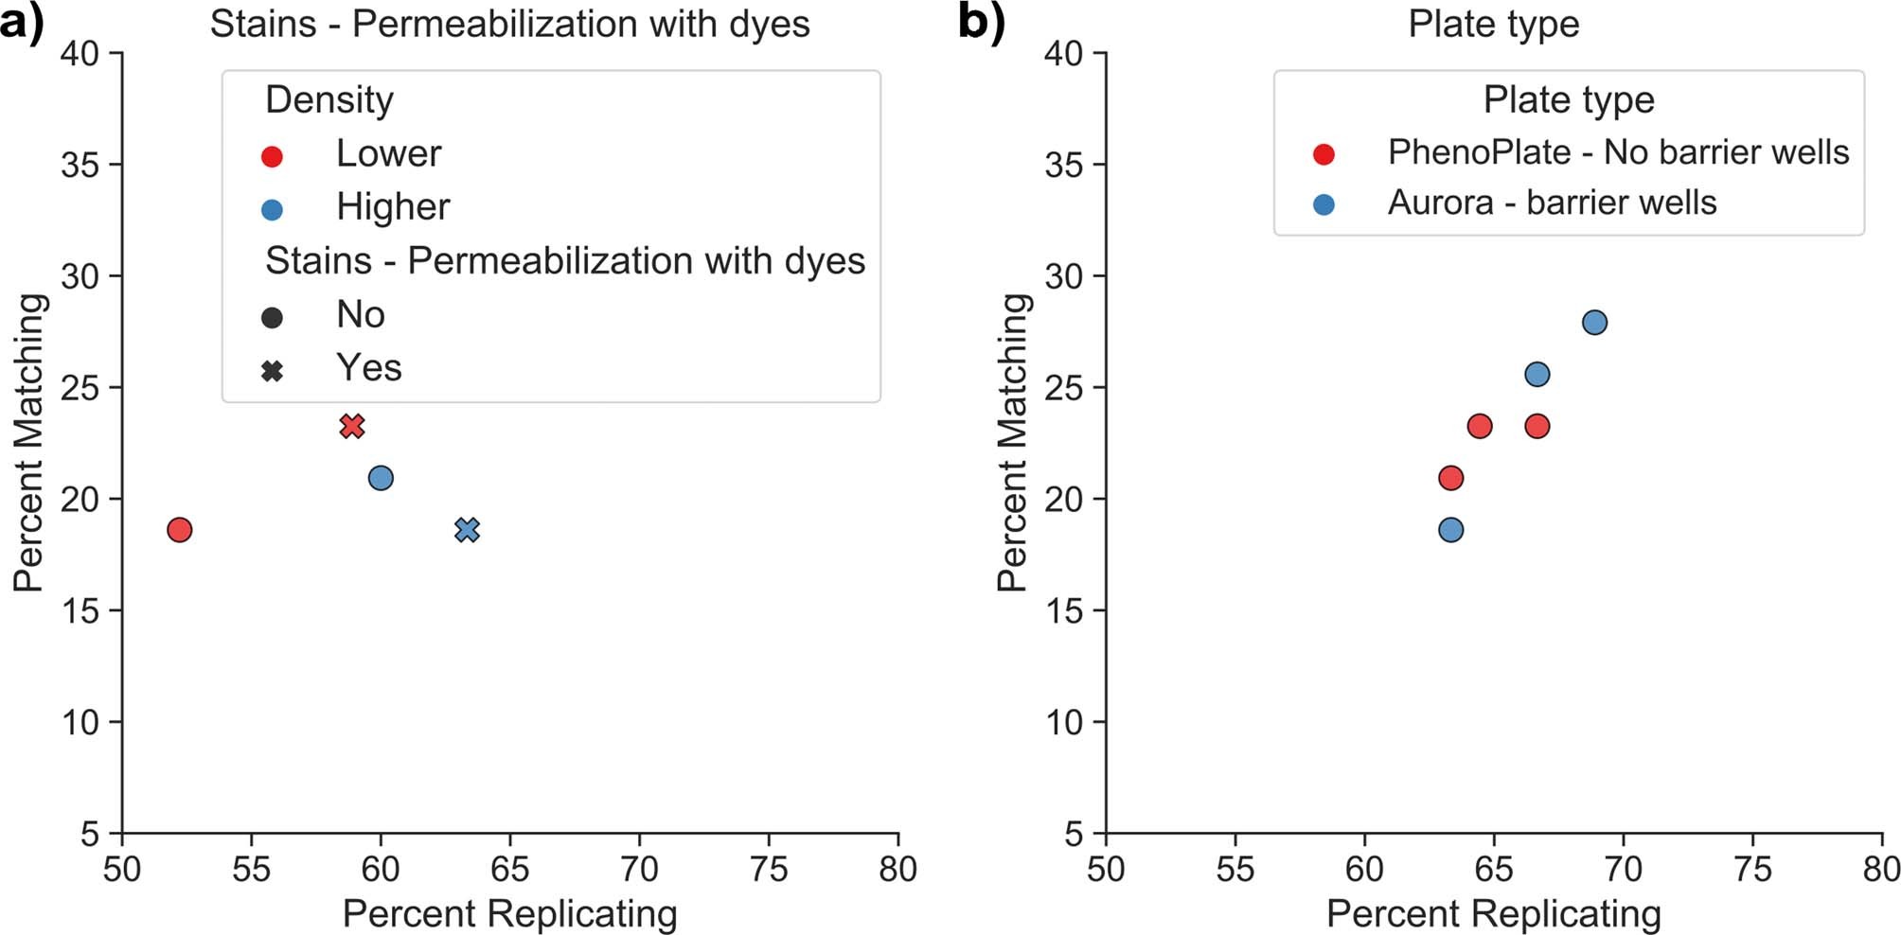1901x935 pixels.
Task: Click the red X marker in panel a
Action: (x=352, y=426)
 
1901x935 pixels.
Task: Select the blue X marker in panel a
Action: (x=467, y=530)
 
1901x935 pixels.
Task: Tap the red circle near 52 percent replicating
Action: (x=180, y=530)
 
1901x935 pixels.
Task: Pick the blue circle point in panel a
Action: (x=381, y=478)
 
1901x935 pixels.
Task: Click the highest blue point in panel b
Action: (x=1594, y=323)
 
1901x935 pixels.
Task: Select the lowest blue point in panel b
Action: (x=1450, y=530)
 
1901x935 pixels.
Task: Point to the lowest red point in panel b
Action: (x=1450, y=478)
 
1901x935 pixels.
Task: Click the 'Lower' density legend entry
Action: (x=388, y=154)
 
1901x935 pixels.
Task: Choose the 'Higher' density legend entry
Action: (x=393, y=207)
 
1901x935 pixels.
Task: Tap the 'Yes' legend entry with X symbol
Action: (x=369, y=368)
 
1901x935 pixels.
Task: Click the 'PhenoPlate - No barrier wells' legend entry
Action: (x=1617, y=152)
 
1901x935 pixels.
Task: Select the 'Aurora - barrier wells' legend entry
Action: (x=1552, y=203)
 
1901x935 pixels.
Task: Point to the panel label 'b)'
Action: (x=981, y=23)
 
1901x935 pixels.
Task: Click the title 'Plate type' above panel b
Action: (x=1493, y=24)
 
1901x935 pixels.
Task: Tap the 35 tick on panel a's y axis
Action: (x=80, y=165)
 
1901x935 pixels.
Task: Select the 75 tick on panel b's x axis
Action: (x=1752, y=869)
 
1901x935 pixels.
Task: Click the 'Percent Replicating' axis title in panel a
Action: (x=509, y=914)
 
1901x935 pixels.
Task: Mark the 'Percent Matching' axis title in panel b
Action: (x=1012, y=443)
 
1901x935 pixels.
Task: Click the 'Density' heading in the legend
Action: (x=329, y=100)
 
